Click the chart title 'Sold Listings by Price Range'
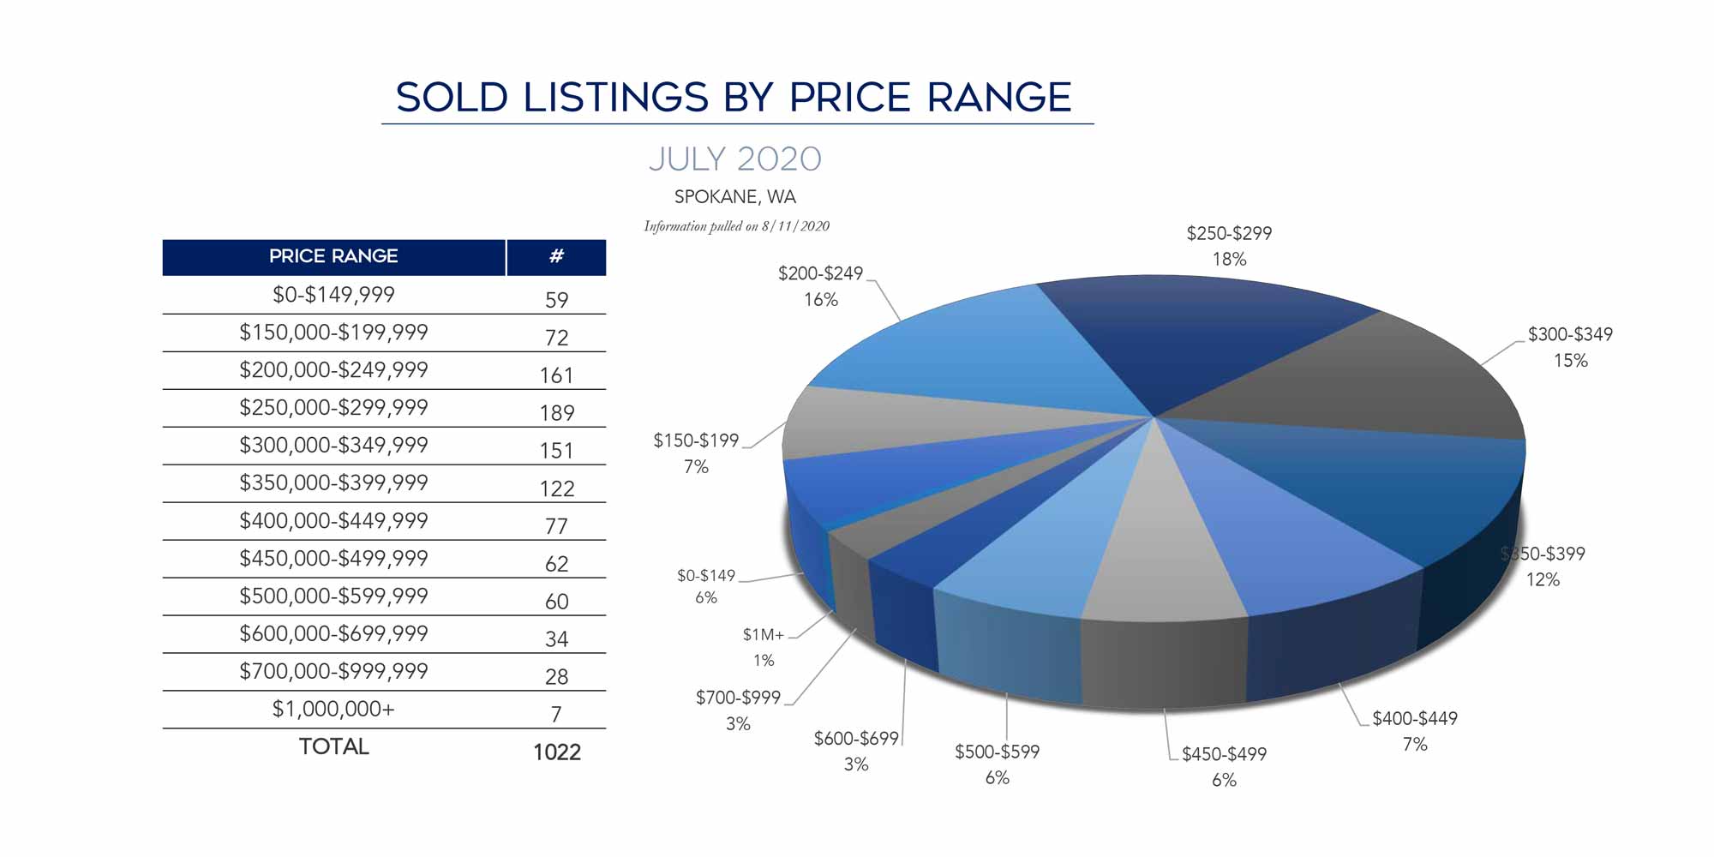pyautogui.click(x=734, y=98)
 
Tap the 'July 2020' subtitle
pyautogui.click(x=734, y=159)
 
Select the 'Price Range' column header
pyautogui.click(x=333, y=256)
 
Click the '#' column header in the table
pyautogui.click(x=556, y=256)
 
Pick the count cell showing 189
pyautogui.click(x=556, y=413)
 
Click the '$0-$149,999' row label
pyautogui.click(x=333, y=295)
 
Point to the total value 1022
pyautogui.click(x=556, y=752)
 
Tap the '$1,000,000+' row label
pyautogui.click(x=333, y=710)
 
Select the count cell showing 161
pyautogui.click(x=556, y=375)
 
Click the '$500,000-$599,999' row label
pyautogui.click(x=333, y=596)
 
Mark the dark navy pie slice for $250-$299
pyautogui.click(x=1200, y=334)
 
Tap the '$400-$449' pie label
pyautogui.click(x=1414, y=719)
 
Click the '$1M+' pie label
pyautogui.click(x=763, y=635)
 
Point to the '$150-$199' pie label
pyautogui.click(x=696, y=440)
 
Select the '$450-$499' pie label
pyautogui.click(x=1224, y=754)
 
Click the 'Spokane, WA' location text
pyautogui.click(x=734, y=197)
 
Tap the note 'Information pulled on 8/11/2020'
pyautogui.click(x=736, y=226)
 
